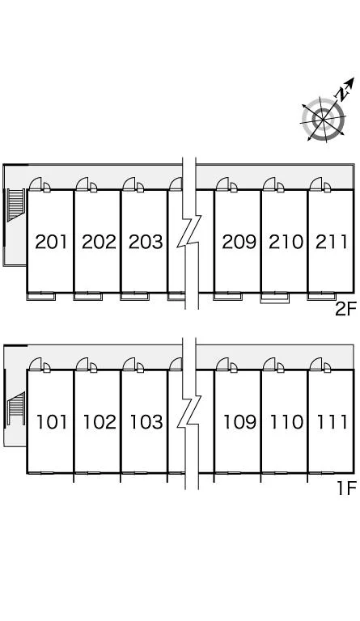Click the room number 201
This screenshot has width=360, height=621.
coord(51,242)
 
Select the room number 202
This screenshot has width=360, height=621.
coord(99,242)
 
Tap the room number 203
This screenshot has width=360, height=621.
coord(146,242)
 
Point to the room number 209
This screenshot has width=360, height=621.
coord(239,242)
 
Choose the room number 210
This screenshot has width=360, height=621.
coord(286,242)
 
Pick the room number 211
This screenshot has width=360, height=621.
coord(331,242)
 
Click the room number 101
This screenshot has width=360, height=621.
coord(52,422)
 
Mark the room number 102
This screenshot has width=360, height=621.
coord(100,422)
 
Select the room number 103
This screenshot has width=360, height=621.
coord(146,422)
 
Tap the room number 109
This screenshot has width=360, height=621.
coord(239,422)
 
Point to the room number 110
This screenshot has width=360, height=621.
coord(286,422)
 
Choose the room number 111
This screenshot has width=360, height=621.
coord(332,422)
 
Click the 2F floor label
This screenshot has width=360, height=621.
coord(346,310)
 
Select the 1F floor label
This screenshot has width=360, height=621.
coord(347,488)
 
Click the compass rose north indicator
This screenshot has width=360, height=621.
coord(344,88)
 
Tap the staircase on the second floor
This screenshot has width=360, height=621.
coord(16,205)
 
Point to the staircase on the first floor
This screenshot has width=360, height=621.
coord(16,408)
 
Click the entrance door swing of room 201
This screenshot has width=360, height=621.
coord(36,184)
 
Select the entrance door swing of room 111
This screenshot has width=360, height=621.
coord(316,364)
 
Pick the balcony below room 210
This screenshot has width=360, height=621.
coord(274,298)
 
